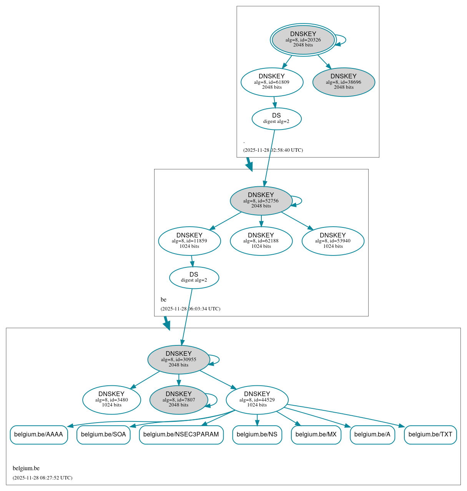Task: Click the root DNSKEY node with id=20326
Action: (303, 40)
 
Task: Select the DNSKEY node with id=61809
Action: (272, 82)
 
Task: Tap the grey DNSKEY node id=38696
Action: (344, 82)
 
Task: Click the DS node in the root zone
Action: (276, 119)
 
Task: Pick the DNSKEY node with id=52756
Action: (261, 201)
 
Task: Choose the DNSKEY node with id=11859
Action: (189, 241)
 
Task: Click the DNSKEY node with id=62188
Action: (261, 241)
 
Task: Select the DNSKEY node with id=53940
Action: (333, 241)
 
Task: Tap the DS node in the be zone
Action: (194, 277)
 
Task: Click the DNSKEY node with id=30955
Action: (178, 360)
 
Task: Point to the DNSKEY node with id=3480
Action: (111, 400)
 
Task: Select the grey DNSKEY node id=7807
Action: (178, 400)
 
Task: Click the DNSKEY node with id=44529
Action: (257, 400)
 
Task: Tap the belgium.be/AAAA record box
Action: (38, 435)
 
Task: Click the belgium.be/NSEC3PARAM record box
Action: (181, 435)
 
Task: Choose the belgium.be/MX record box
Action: (316, 435)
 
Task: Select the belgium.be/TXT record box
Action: (430, 435)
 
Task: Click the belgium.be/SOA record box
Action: (103, 435)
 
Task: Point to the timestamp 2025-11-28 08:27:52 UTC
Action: (42, 478)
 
